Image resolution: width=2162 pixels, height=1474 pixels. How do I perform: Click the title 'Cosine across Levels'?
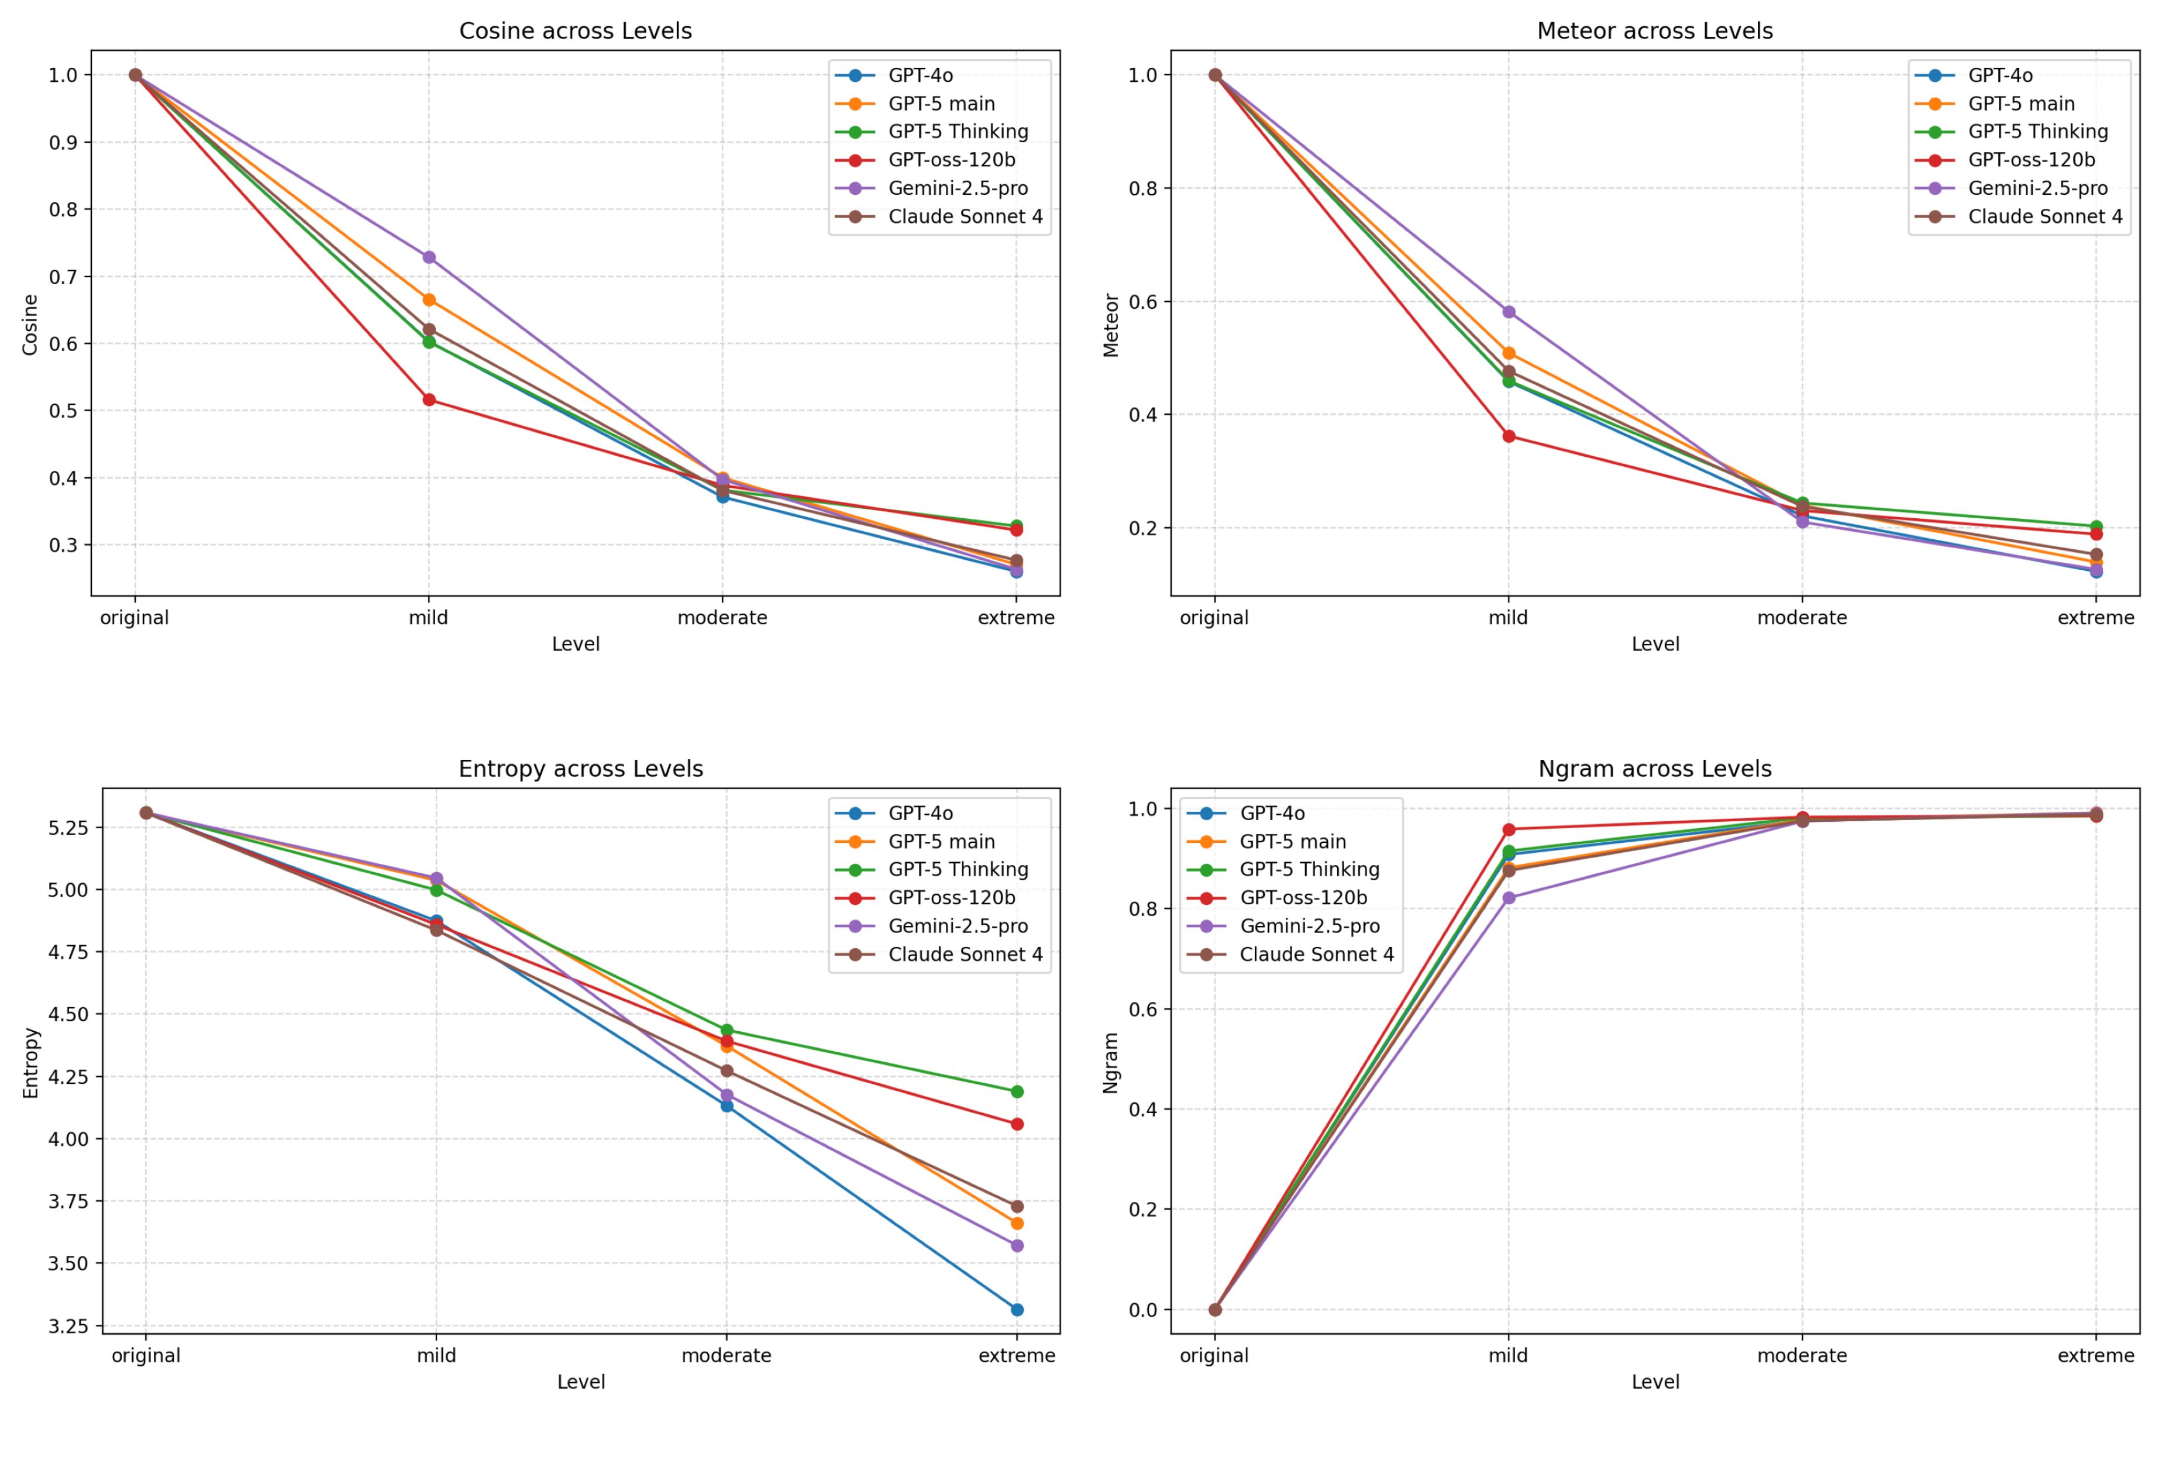[x=575, y=30]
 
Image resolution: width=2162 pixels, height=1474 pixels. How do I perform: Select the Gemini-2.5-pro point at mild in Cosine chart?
[x=429, y=257]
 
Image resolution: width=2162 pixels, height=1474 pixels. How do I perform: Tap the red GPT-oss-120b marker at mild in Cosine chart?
[x=429, y=400]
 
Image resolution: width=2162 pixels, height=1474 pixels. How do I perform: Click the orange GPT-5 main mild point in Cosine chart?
[x=429, y=299]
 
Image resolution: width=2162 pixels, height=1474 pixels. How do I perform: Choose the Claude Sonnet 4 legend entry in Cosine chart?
[x=965, y=216]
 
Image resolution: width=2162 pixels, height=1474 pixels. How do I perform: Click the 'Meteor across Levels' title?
[x=1654, y=30]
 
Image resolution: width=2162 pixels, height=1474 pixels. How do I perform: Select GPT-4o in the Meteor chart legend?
[x=1999, y=75]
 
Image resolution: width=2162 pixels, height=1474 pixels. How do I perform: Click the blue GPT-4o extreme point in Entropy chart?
[x=1017, y=1310]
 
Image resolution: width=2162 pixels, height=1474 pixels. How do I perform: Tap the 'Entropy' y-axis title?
[x=30, y=1062]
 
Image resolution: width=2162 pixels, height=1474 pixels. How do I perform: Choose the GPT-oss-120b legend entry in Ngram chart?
[x=1303, y=897]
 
